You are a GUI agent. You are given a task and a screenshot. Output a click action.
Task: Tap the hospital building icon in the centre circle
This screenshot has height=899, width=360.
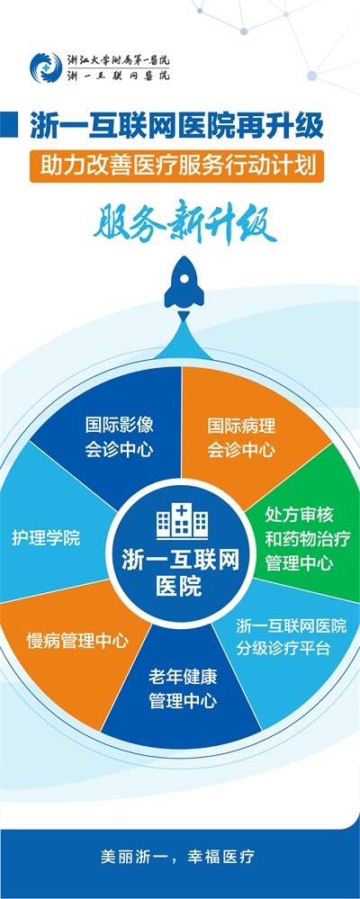[x=182, y=520]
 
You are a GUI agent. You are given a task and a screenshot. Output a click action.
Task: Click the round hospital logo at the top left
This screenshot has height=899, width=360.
[x=45, y=67]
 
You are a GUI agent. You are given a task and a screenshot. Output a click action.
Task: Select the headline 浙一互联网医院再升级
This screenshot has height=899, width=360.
[x=176, y=126]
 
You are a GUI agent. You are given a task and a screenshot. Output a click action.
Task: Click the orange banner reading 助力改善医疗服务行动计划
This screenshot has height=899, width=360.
[x=176, y=166]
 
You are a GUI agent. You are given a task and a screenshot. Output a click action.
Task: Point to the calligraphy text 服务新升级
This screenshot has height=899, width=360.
[x=184, y=221]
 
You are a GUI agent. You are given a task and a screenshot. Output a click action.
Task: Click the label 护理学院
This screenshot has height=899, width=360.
[x=46, y=539]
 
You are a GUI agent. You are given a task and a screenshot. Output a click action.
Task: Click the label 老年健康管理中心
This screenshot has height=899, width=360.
[x=183, y=688]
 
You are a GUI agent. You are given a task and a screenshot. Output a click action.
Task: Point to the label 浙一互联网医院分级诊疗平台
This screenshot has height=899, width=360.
[x=292, y=637]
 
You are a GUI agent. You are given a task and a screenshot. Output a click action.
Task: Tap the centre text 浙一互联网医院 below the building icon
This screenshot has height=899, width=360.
[x=181, y=573]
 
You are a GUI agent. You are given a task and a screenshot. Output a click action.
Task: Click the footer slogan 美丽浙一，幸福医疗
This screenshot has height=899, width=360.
[x=177, y=857]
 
